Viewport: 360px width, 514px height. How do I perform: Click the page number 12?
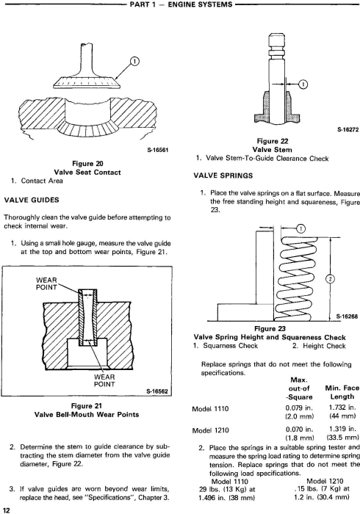point(7,510)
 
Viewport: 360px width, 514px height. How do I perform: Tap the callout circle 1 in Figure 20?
point(135,62)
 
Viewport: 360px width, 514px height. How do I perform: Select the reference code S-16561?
point(157,151)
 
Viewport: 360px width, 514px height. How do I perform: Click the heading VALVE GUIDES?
point(32,200)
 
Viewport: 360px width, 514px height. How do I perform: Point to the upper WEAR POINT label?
point(46,284)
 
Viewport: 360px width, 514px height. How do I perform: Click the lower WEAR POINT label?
point(104,380)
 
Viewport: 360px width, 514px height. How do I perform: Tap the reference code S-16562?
point(157,391)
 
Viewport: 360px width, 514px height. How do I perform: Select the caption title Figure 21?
point(87,406)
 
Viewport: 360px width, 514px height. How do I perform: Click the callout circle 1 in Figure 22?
point(303,84)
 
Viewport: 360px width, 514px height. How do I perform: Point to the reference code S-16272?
point(348,129)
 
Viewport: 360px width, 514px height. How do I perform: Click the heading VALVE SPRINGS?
point(223,175)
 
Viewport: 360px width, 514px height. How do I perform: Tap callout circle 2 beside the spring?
point(331,279)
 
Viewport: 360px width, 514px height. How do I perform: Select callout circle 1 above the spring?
point(301,228)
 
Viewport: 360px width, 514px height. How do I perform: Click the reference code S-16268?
point(347,316)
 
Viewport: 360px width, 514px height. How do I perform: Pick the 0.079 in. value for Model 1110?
point(299,408)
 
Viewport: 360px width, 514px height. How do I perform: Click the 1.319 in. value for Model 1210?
point(342,429)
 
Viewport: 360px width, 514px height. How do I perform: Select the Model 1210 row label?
point(211,430)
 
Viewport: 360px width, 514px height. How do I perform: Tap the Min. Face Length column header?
point(342,392)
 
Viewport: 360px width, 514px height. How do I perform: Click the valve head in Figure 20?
point(87,82)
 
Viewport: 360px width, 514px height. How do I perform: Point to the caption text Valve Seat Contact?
point(87,172)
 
